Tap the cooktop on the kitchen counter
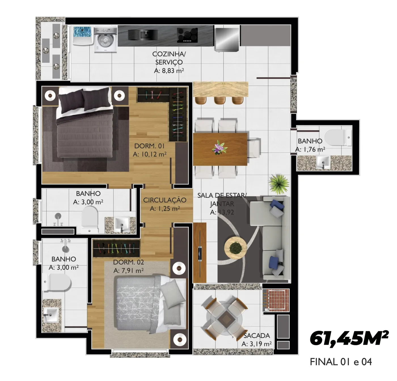click(187, 35)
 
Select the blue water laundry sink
click(83, 35)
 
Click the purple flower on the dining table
click(219, 147)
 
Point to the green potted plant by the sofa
click(279, 184)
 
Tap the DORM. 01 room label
click(149, 146)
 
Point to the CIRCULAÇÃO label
click(165, 200)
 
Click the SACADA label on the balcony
click(256, 336)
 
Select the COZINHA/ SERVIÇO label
click(169, 58)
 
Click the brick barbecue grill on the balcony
click(276, 300)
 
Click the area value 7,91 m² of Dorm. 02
click(128, 271)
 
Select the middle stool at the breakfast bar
click(219, 100)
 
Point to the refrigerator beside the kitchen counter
click(227, 39)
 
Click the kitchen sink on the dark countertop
click(143, 35)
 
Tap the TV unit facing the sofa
click(200, 253)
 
